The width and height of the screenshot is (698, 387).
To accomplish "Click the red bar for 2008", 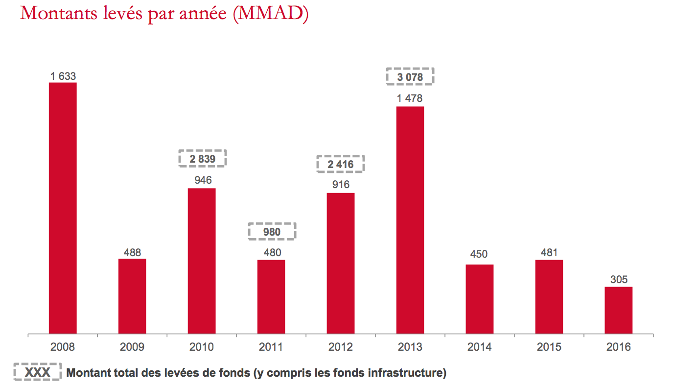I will (63, 208).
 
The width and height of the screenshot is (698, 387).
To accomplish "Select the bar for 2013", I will (410, 220).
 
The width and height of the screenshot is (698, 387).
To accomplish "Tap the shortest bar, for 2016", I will (618, 310).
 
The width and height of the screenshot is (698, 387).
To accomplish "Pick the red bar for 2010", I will (202, 261).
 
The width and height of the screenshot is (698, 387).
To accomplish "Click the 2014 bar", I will (479, 299).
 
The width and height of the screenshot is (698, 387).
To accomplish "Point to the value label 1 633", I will (63, 76).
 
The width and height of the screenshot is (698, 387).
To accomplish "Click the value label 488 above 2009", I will (132, 253).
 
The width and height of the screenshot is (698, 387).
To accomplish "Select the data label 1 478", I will (410, 98).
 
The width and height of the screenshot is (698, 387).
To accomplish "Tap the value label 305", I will (619, 280).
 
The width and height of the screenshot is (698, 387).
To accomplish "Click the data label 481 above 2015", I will (549, 253).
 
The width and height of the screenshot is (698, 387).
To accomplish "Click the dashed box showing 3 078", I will (410, 77).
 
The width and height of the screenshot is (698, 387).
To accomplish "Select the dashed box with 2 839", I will (203, 159).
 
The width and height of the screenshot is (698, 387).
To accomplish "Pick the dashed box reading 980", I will (272, 232).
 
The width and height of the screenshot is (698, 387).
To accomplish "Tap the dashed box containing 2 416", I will (341, 164).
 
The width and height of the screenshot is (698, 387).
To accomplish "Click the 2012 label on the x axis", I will (341, 347).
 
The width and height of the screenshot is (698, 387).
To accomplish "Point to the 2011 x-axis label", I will (271, 347).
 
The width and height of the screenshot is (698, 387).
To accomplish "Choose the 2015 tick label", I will (549, 347).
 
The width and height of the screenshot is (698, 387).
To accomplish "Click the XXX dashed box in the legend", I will (37, 373).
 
